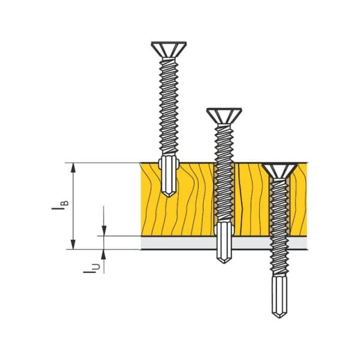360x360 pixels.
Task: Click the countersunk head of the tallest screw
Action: pos(169,49)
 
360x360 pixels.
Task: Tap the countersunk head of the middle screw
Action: pos(224,116)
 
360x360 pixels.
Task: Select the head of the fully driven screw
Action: pos(280,171)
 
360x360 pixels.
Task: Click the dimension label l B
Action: pos(60,205)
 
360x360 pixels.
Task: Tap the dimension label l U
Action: pos(92,268)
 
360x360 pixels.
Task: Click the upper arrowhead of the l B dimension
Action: pos(73,167)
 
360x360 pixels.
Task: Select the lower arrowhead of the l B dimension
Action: pos(73,244)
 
